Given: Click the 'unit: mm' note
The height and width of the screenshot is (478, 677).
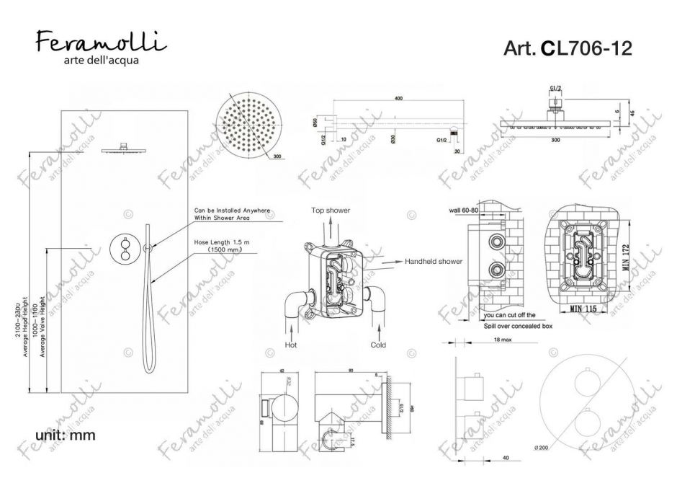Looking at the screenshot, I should point(66,435).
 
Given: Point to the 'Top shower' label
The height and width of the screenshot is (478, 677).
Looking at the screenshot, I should point(331,210).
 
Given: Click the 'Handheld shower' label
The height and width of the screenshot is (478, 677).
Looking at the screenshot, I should point(433,261).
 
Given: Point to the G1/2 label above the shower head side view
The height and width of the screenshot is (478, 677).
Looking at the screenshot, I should point(555,88).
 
